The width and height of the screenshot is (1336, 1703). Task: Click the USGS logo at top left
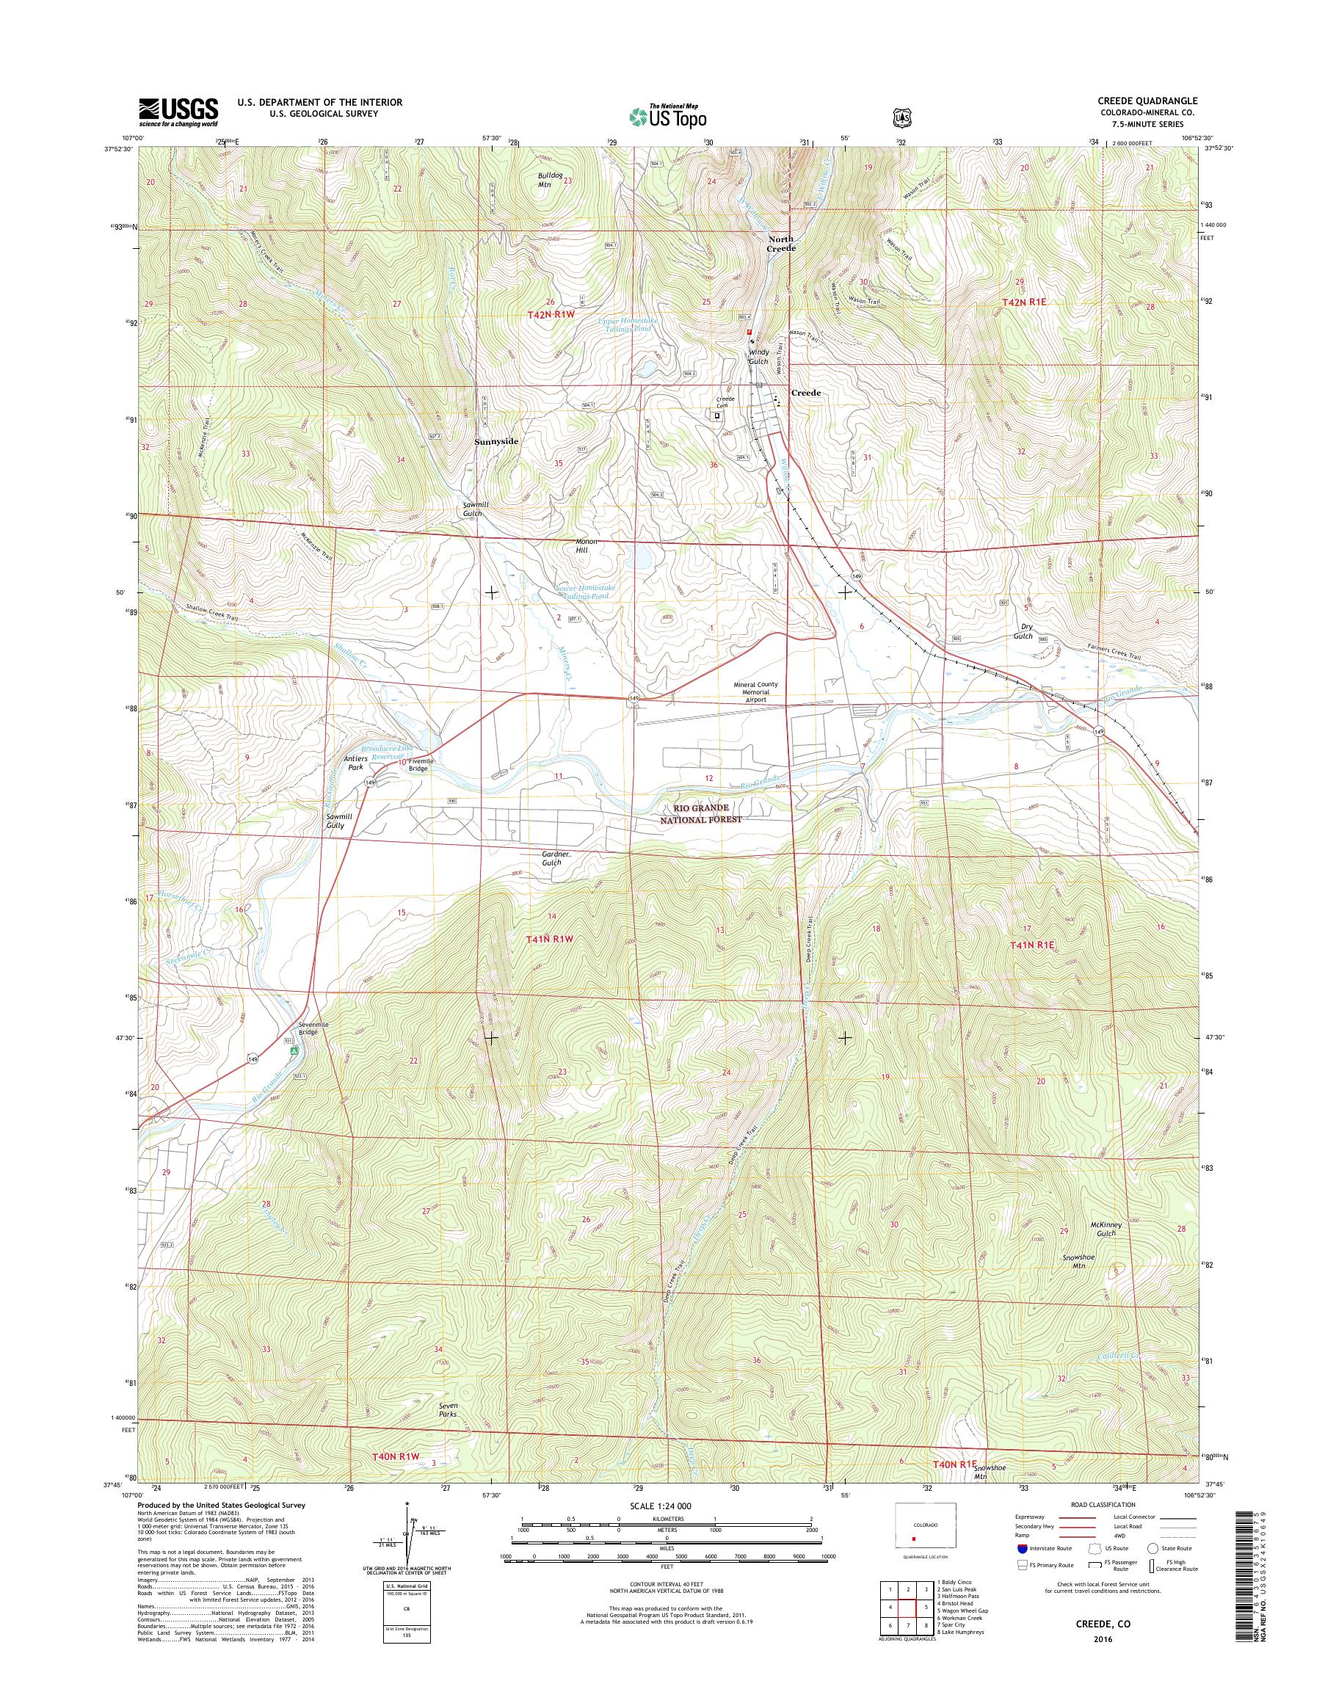[178, 112]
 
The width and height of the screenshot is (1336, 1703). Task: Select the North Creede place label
[780, 243]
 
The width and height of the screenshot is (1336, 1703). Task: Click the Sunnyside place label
[496, 441]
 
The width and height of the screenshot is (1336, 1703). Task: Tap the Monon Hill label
[586, 545]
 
